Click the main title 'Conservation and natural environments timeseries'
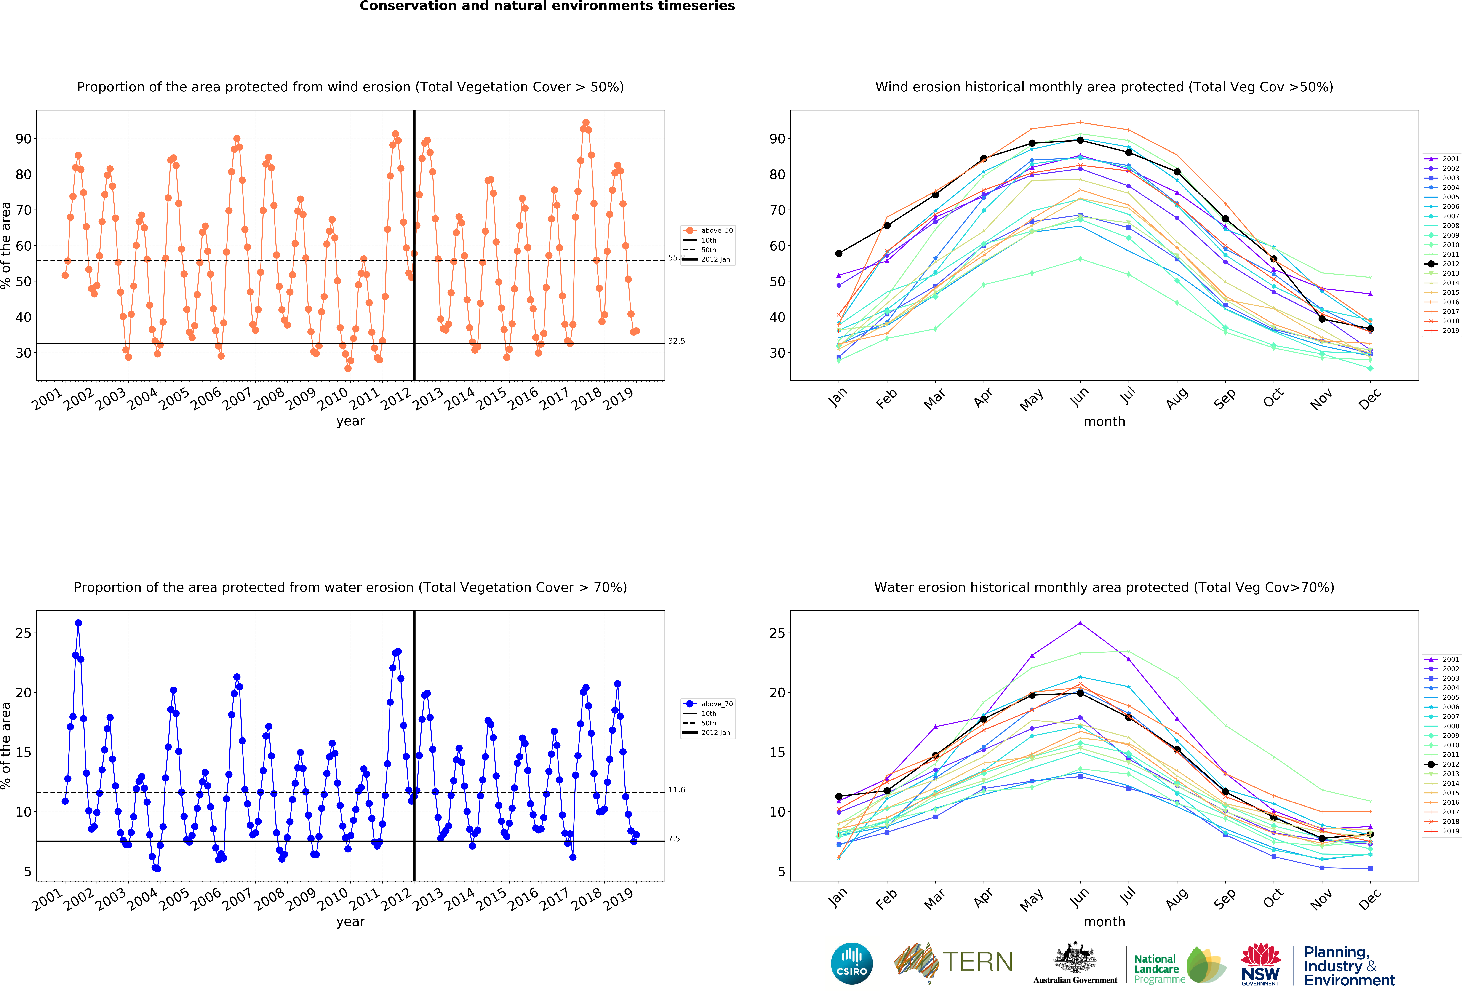click(547, 6)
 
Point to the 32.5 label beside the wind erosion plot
click(676, 341)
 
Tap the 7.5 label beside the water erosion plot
click(674, 839)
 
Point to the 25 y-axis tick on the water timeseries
click(23, 633)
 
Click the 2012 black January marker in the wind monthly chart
click(839, 254)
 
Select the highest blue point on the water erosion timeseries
click(78, 623)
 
